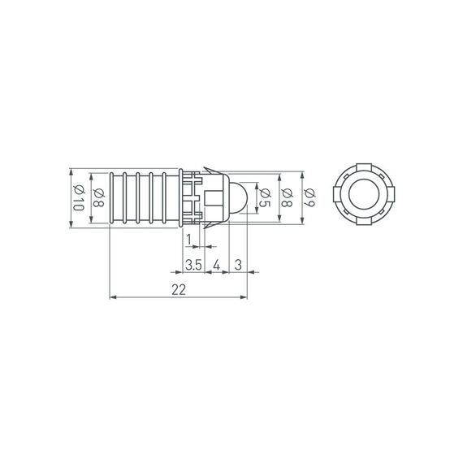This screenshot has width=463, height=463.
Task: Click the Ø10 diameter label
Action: pyautogui.click(x=79, y=198)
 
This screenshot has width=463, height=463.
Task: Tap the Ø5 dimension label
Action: pyautogui.click(x=265, y=197)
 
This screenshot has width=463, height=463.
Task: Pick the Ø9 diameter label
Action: pyautogui.click(x=309, y=197)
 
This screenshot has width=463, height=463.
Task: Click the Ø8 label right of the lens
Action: pyautogui.click(x=288, y=197)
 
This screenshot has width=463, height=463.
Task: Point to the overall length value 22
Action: pyautogui.click(x=180, y=289)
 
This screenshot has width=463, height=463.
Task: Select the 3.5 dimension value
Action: pyautogui.click(x=193, y=265)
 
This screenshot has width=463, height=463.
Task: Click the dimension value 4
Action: pyautogui.click(x=217, y=265)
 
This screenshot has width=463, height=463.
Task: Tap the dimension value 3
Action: pyautogui.click(x=238, y=265)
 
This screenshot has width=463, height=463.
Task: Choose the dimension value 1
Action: pyautogui.click(x=189, y=239)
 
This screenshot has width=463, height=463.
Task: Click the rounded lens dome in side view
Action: pyautogui.click(x=238, y=197)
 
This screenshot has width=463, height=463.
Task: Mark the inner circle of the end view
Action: pyautogui.click(x=361, y=197)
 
